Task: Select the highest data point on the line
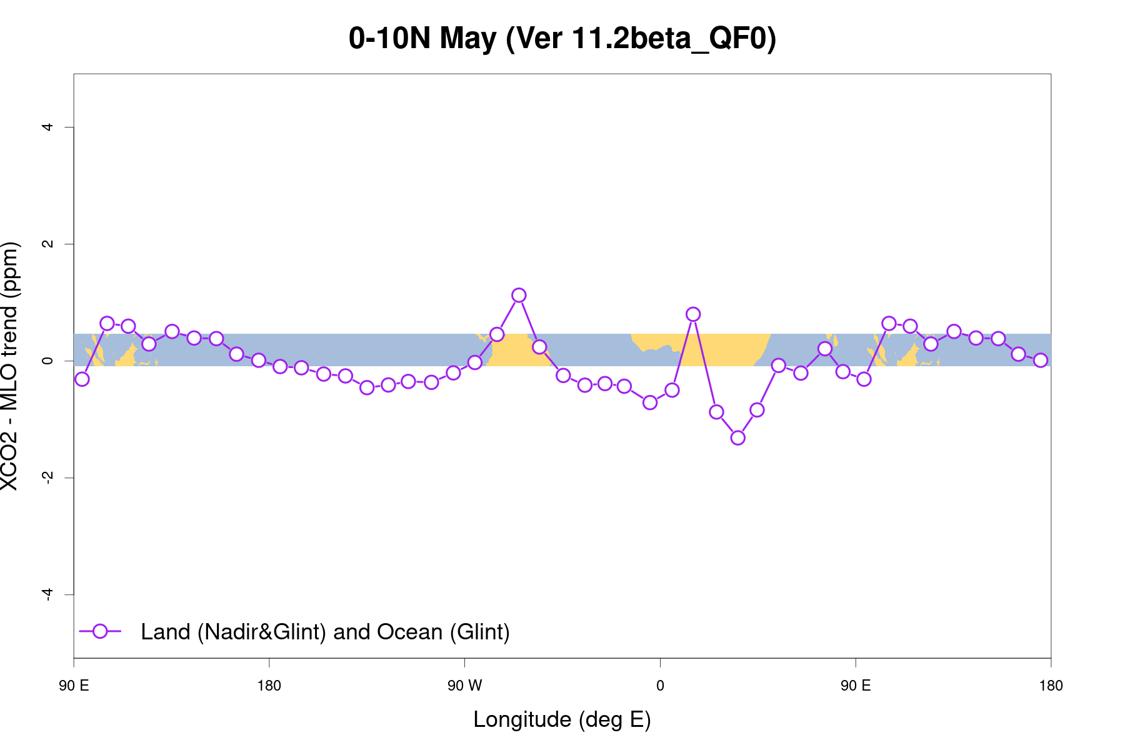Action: point(519,295)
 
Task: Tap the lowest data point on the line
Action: point(737,437)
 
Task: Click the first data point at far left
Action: point(82,379)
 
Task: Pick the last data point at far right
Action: point(1041,360)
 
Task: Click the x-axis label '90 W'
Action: point(464,686)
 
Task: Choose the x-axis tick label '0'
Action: point(660,686)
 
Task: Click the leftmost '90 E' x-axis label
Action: point(74,686)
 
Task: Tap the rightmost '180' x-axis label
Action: point(1051,686)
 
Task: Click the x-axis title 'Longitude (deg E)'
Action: point(562,719)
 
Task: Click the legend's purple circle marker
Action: point(100,631)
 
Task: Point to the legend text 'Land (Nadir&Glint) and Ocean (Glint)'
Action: point(325,632)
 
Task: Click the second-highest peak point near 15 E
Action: point(692,314)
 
